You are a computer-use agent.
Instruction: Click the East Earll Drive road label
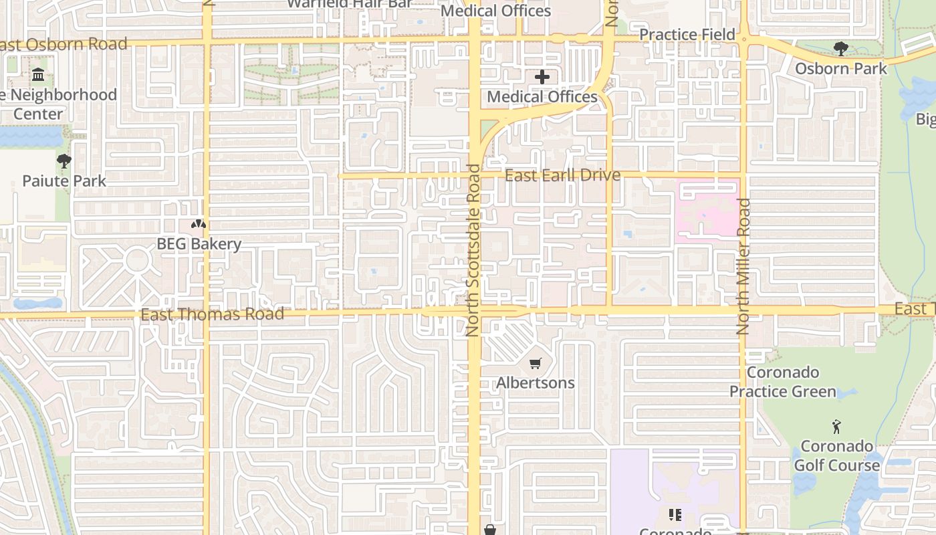point(562,175)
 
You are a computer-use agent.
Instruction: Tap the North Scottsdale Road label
point(474,250)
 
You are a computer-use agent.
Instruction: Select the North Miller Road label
point(743,266)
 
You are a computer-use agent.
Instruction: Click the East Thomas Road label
point(212,314)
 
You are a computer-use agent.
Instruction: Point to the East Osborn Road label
point(64,44)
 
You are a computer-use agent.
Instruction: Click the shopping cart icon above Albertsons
point(535,364)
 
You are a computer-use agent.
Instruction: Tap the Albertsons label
point(535,383)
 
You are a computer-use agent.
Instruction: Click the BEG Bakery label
point(199,243)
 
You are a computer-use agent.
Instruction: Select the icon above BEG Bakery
point(199,225)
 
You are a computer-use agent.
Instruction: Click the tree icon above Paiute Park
point(64,160)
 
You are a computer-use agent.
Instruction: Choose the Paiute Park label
point(64,181)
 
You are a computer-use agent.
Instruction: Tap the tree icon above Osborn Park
point(840,48)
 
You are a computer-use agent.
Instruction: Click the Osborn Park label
point(840,68)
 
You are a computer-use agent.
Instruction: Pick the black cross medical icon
point(542,77)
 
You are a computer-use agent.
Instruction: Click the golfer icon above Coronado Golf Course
point(836,426)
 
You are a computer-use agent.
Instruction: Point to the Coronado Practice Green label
point(782,382)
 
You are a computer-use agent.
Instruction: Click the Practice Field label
point(687,34)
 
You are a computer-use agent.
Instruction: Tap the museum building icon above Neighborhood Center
point(38,75)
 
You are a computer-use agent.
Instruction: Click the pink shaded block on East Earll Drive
point(707,211)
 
